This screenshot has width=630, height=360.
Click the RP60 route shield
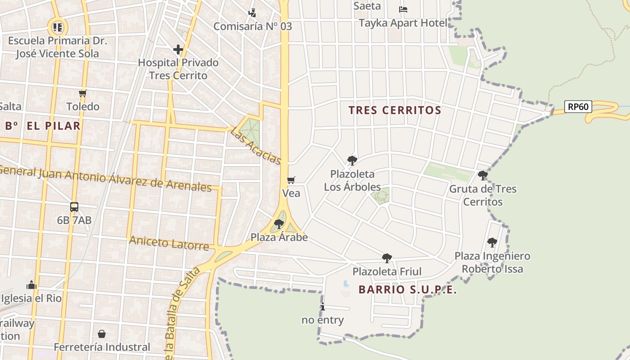coord(578,107)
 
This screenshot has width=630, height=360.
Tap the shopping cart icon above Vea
coord(291,180)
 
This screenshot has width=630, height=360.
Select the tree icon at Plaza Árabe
coord(279,224)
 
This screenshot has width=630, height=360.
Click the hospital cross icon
coord(178,49)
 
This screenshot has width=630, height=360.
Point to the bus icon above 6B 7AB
coord(74,207)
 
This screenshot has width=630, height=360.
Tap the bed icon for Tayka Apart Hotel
coord(403,9)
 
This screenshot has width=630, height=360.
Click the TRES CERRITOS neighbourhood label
coord(395,110)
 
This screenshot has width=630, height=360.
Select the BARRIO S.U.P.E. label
coord(408,290)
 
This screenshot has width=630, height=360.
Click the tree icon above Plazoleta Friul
coord(387,258)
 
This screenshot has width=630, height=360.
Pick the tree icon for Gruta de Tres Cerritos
coord(483,175)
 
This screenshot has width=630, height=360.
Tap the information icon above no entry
coord(323,307)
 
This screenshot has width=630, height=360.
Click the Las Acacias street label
coord(256,146)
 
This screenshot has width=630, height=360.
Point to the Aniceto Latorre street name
coord(169,243)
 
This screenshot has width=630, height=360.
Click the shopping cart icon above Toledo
coord(83,94)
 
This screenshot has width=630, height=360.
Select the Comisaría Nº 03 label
coord(252,26)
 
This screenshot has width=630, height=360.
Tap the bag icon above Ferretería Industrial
coord(102,334)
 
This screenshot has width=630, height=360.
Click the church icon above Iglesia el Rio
coord(31,285)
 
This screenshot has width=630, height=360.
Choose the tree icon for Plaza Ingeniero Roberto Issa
coord(492,243)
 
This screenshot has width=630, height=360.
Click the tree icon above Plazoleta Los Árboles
coord(352,160)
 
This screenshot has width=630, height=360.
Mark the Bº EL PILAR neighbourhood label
coord(43,126)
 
